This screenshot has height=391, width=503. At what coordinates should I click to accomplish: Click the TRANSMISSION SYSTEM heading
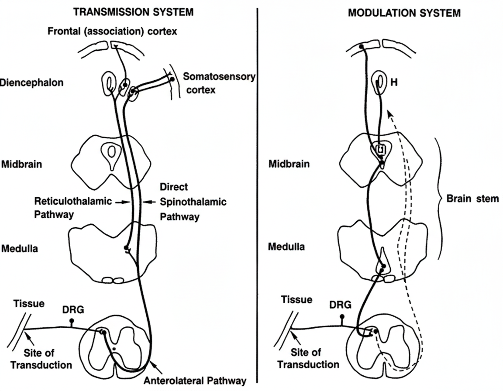tap(133, 13)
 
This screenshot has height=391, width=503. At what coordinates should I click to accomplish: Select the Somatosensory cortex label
tap(218, 83)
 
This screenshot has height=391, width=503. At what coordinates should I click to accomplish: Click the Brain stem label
tap(472, 199)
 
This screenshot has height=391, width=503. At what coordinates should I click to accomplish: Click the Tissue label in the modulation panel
tap(296, 300)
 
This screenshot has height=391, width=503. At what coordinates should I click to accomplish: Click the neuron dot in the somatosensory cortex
tap(172, 80)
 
